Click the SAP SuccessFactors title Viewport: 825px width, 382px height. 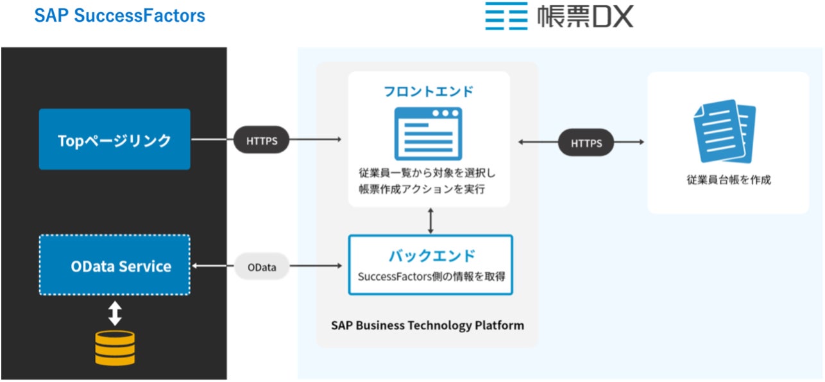click(120, 15)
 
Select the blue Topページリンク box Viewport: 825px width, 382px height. click(115, 139)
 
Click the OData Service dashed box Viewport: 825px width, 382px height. click(115, 265)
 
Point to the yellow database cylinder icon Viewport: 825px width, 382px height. click(115, 347)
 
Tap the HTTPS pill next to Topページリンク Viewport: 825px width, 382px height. click(262, 141)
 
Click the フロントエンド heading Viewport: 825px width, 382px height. click(429, 91)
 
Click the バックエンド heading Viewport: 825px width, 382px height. click(431, 256)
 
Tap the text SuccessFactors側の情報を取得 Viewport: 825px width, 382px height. click(430, 277)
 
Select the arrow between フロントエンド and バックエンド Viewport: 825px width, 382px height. click(430, 220)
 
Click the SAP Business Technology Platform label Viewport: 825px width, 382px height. click(427, 325)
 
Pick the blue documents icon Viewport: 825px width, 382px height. click(725, 132)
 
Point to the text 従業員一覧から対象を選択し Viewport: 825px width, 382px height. click(427, 173)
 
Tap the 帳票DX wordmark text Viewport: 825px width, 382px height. click(585, 17)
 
